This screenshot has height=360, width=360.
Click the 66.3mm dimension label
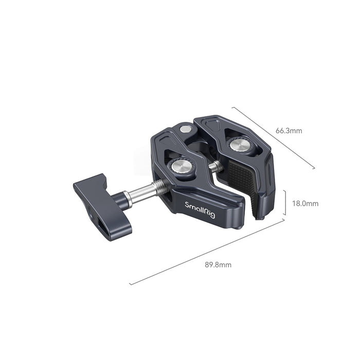click(x=289, y=131)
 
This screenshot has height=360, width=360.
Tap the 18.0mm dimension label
click(x=305, y=203)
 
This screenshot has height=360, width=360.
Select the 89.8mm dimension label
click(x=218, y=265)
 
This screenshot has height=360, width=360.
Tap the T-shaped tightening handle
click(x=101, y=203)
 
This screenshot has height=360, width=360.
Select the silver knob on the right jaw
click(x=240, y=147)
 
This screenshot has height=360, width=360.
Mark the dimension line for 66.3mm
click(x=273, y=137)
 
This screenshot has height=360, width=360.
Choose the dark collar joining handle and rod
click(x=125, y=198)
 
